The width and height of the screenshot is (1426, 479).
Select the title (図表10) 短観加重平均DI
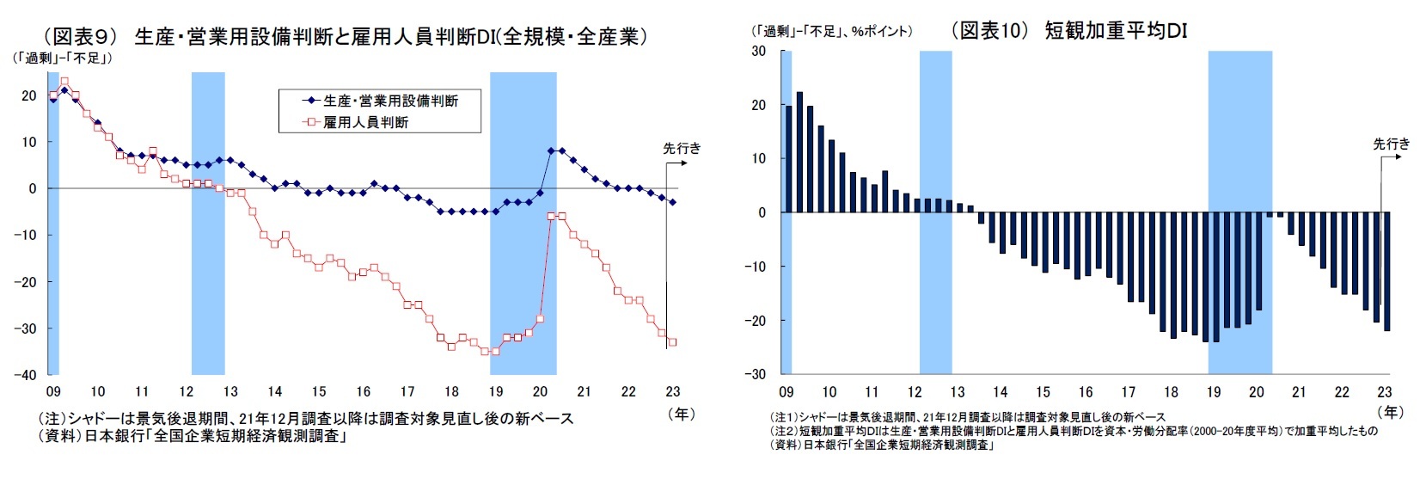click(1068, 31)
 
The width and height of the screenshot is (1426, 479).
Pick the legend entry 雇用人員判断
click(365, 122)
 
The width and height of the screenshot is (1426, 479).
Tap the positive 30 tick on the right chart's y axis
click(758, 51)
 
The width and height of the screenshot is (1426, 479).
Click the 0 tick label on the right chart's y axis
click(762, 212)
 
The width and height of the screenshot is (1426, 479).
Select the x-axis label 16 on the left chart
click(364, 391)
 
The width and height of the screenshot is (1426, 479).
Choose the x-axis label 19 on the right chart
click(1213, 392)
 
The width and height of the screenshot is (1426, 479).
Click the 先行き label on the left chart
click(682, 148)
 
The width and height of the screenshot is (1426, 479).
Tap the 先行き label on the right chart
click(1392, 144)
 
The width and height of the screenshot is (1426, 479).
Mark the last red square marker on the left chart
click(672, 342)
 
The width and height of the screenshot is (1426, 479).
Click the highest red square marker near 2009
click(64, 82)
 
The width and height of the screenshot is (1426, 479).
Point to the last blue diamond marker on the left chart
click(672, 202)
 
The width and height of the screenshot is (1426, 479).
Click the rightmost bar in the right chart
click(1386, 271)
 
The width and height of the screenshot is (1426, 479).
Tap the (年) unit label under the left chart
click(681, 414)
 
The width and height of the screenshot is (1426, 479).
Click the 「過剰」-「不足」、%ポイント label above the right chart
click(831, 32)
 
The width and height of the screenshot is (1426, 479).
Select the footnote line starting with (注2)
click(1074, 431)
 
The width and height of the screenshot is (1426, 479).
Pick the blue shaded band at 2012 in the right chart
click(935, 206)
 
